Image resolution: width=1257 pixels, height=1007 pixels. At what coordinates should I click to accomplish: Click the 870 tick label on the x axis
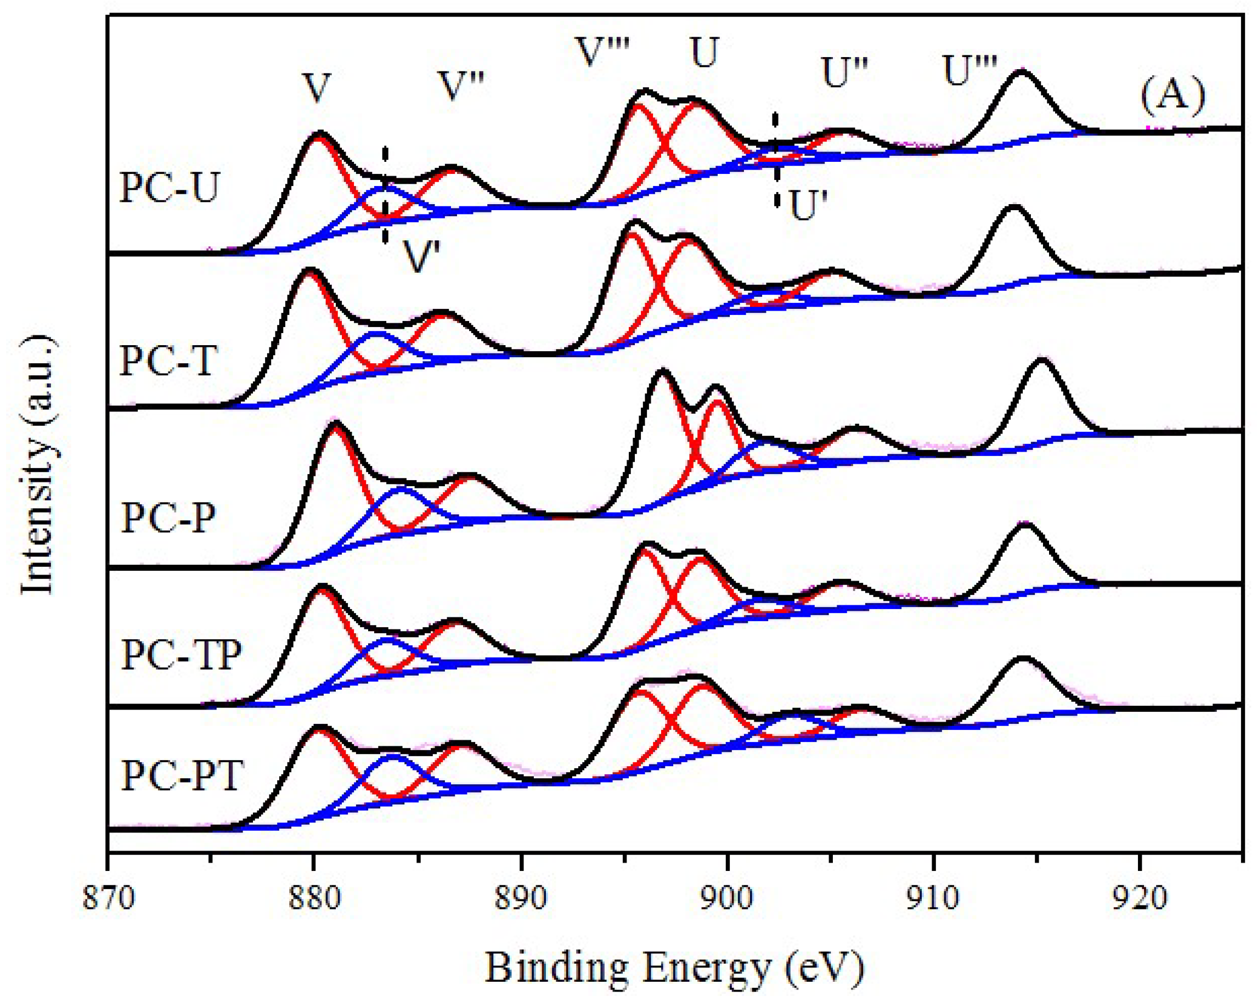[x=109, y=898]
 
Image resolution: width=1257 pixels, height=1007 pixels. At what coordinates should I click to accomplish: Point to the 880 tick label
[x=314, y=898]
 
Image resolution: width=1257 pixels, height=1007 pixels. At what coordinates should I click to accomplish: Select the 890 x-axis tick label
[x=521, y=898]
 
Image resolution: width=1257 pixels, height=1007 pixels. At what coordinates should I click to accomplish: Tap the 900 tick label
[x=727, y=898]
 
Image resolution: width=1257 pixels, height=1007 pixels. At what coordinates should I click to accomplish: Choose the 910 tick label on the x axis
[x=933, y=898]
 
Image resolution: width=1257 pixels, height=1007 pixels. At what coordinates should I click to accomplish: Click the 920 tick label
[x=1139, y=898]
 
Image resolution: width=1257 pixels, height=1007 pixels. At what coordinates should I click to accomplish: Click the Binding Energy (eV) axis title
[x=674, y=969]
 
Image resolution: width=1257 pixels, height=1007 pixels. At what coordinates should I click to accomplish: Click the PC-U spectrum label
[x=169, y=188]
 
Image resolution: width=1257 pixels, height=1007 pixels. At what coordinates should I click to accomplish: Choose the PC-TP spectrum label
[x=181, y=655]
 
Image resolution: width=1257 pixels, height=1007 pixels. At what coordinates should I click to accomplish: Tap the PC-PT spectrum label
[x=181, y=775]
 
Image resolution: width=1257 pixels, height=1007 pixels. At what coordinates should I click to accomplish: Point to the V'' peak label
[x=462, y=87]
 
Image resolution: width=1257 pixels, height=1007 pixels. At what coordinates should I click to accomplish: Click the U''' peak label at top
[x=969, y=72]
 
